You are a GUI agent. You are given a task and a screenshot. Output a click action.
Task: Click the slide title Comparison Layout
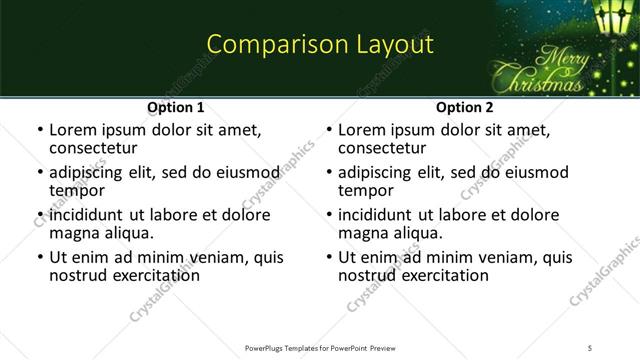click(320, 45)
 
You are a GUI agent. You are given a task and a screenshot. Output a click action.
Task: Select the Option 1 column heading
click(176, 107)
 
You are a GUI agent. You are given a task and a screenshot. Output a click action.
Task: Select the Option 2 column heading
click(465, 107)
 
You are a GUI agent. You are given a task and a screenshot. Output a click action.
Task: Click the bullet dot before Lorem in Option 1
click(39, 131)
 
